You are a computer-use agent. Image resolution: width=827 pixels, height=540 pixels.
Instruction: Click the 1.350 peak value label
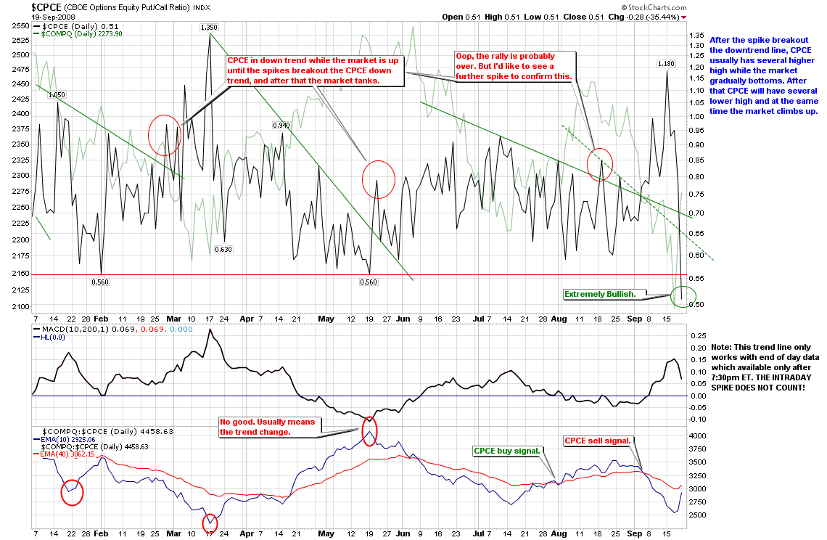(208, 28)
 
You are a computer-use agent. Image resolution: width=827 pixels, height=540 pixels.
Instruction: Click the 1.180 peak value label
(666, 64)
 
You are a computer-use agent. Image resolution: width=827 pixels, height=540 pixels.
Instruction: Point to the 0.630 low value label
(223, 250)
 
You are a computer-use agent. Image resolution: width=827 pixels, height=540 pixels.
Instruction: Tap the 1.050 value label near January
(57, 94)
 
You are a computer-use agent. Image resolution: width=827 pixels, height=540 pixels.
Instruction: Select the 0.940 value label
(281, 126)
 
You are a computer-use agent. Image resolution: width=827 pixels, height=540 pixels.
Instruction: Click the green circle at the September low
(683, 295)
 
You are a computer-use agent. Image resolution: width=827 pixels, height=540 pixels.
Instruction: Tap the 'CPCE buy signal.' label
(507, 451)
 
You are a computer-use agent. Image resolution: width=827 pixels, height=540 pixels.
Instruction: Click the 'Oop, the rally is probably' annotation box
(515, 66)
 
